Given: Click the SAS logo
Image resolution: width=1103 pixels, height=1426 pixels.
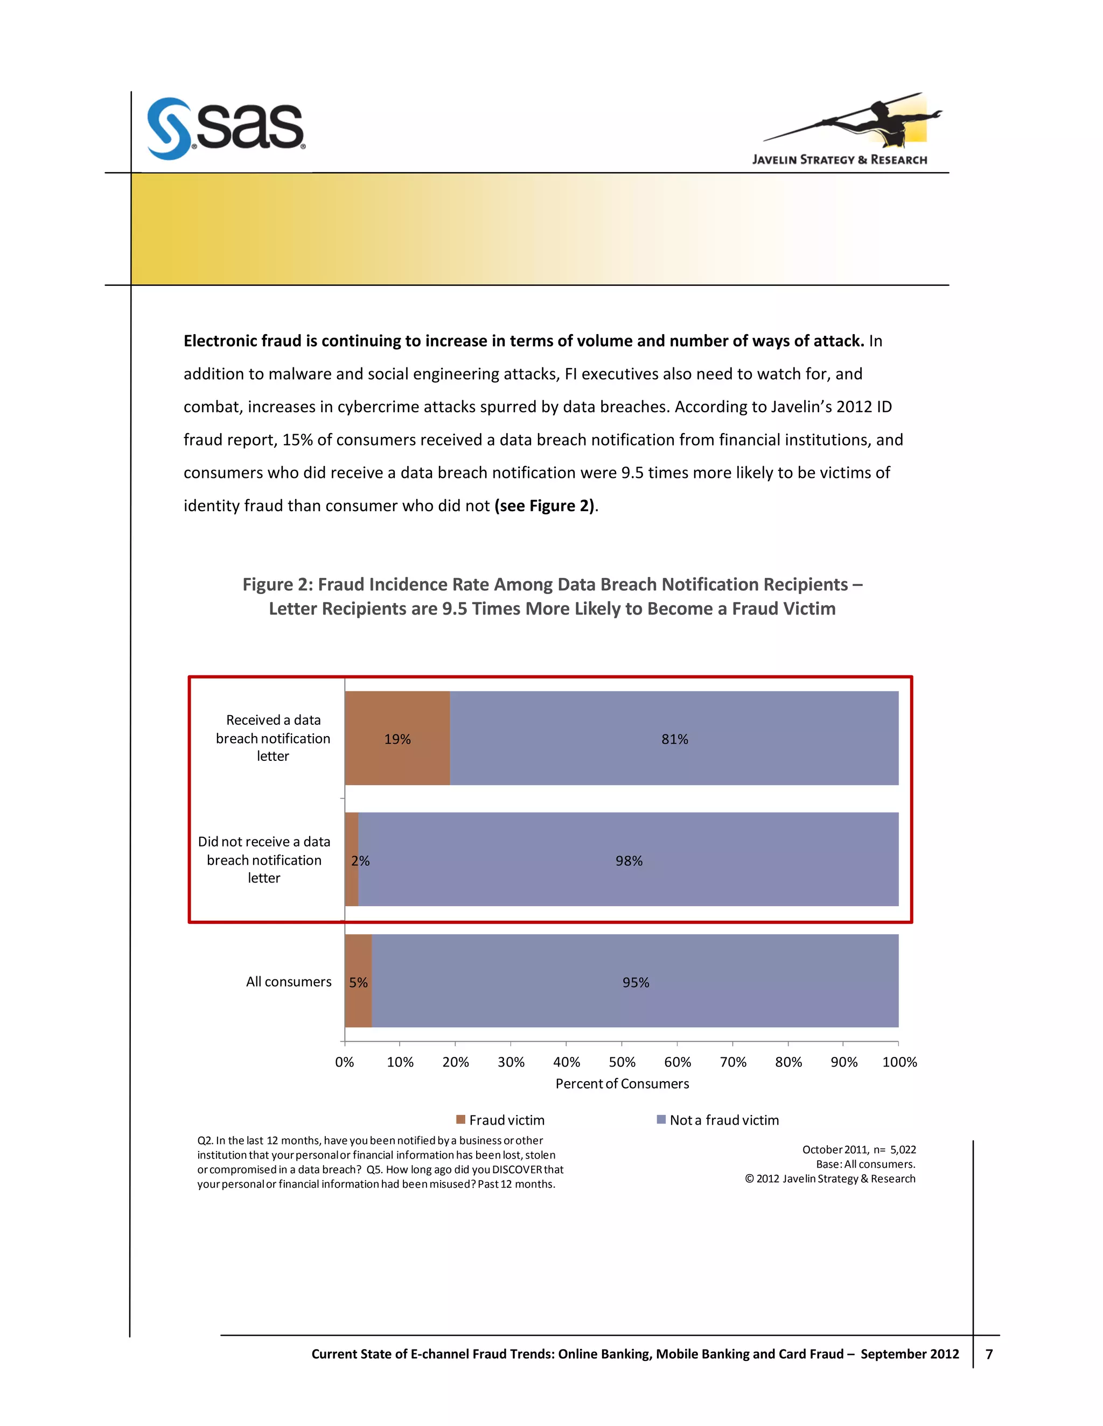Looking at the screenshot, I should point(226,128).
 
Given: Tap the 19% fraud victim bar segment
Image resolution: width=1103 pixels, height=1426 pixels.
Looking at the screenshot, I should point(397,738).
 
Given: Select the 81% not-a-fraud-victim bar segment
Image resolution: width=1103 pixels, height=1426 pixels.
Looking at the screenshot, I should point(674,738).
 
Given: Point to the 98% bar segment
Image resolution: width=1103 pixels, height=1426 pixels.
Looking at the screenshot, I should point(629,860).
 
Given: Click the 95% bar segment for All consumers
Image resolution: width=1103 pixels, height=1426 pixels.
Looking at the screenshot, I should point(635,982).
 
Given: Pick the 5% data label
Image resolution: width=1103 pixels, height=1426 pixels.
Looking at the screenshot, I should point(358,982).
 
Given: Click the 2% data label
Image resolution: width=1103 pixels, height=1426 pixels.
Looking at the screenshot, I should point(361,860).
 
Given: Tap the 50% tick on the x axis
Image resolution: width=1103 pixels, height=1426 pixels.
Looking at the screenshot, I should point(622,1062).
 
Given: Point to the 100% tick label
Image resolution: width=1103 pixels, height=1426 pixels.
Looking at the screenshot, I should point(899,1062).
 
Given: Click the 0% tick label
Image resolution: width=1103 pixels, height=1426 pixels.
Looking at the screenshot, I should point(344,1062).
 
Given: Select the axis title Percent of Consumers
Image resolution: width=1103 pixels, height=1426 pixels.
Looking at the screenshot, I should point(622,1084).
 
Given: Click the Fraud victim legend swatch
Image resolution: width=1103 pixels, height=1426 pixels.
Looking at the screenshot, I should point(460,1120).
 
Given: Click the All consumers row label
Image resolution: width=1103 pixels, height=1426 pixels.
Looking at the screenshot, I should point(289,982).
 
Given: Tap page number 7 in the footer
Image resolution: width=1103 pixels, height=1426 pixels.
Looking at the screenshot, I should point(989,1354).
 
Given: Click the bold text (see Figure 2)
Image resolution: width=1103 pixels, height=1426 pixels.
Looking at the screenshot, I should point(544,506).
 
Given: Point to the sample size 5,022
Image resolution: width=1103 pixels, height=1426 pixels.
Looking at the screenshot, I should point(903,1150).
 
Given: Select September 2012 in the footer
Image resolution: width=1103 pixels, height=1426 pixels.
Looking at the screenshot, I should point(910,1354).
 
